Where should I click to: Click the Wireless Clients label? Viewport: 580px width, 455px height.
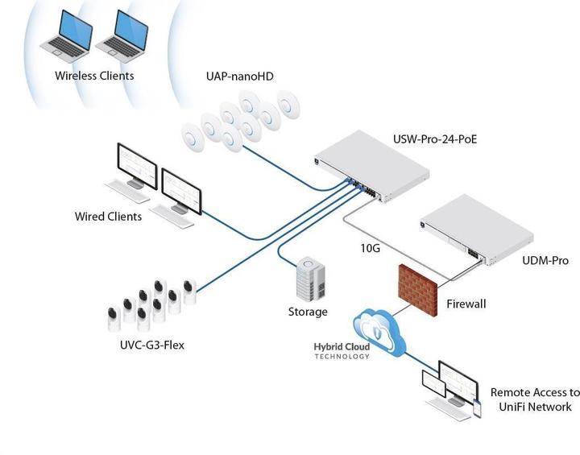(94, 77)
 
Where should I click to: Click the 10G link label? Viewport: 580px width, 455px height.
(370, 248)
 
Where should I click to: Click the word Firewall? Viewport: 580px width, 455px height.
(466, 305)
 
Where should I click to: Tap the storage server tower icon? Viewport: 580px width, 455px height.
(312, 279)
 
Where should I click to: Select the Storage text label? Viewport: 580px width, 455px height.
(308, 312)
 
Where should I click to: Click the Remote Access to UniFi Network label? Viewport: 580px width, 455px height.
(534, 399)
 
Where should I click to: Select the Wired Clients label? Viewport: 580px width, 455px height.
(108, 217)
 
